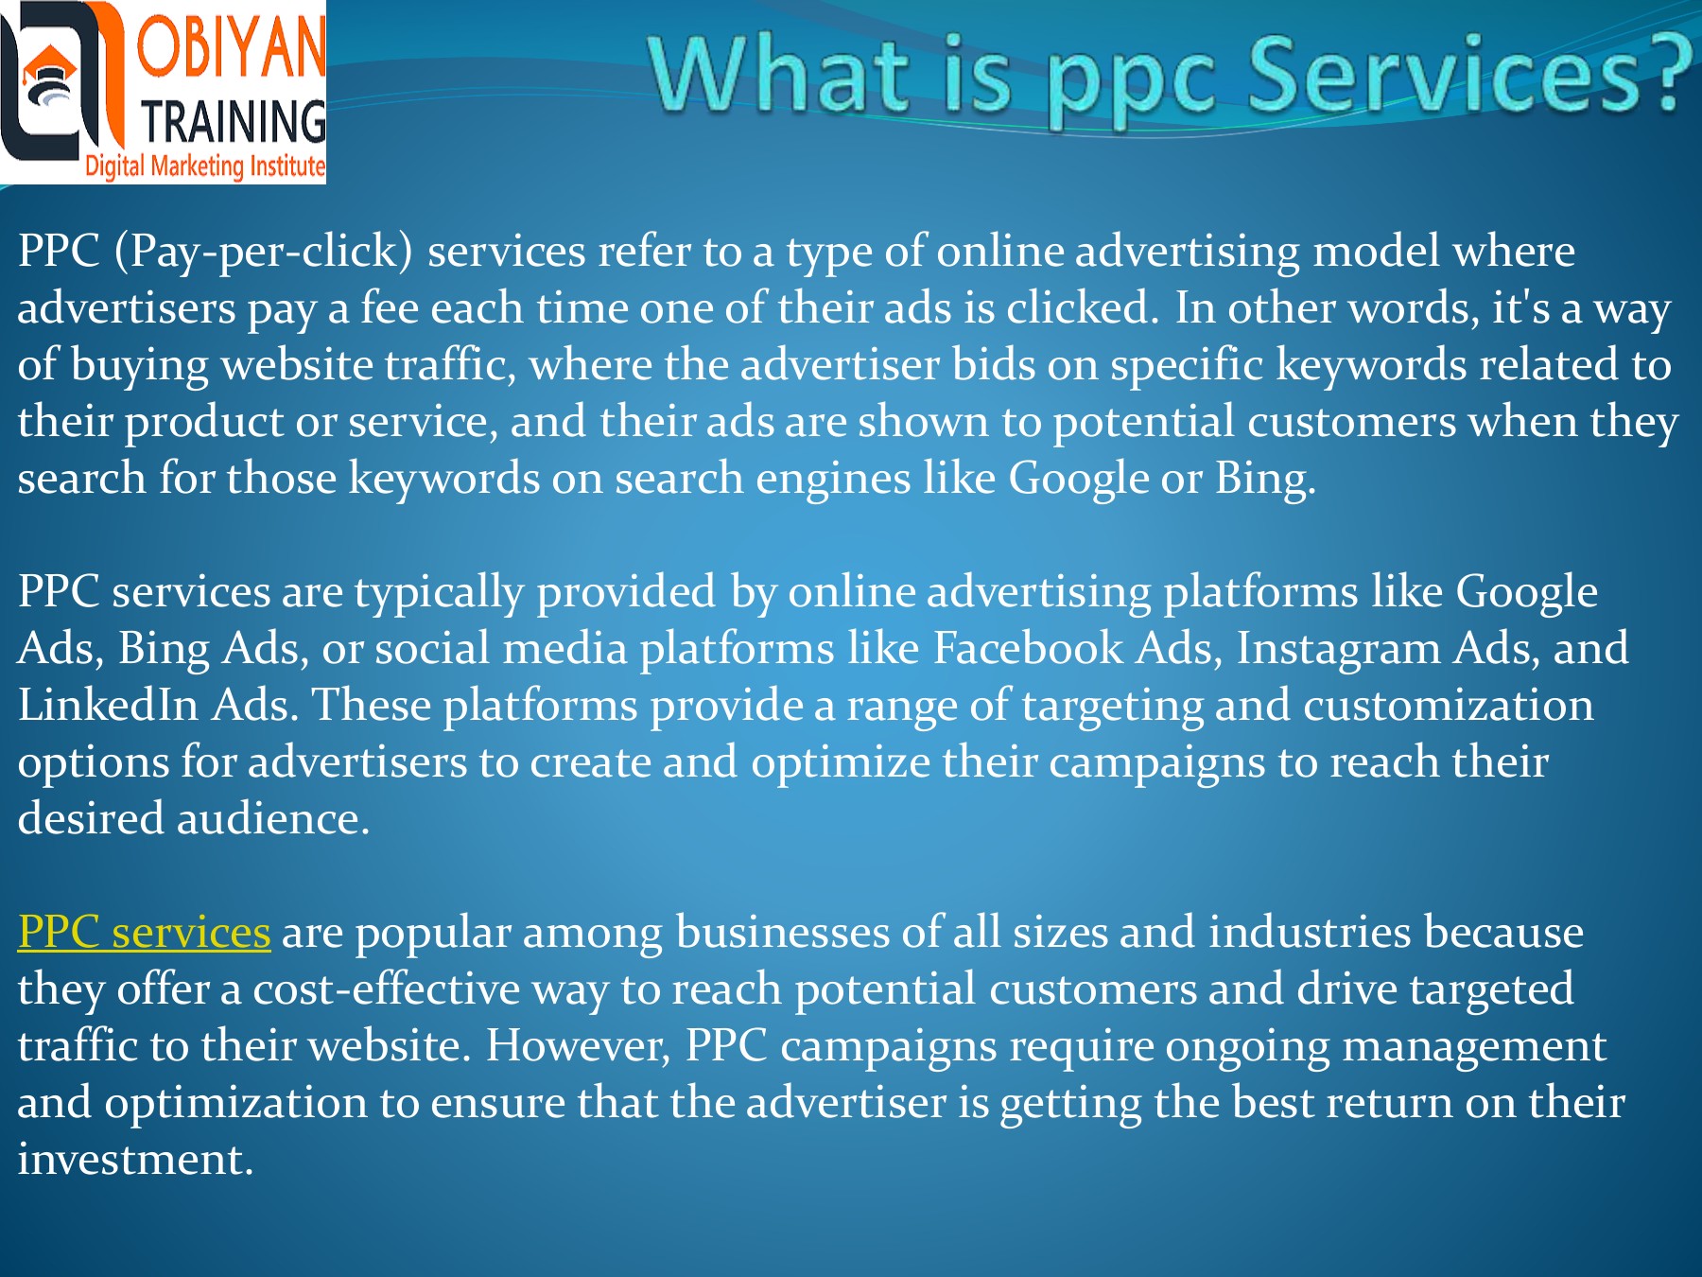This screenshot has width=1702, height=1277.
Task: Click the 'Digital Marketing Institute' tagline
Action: [x=204, y=166]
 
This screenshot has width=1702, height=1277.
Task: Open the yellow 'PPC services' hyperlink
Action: [x=144, y=933]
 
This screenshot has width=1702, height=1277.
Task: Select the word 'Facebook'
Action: [x=1028, y=649]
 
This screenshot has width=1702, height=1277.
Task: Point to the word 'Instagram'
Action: [x=1338, y=650]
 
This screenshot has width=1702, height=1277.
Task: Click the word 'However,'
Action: [x=578, y=1046]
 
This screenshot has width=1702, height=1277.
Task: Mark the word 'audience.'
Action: [x=272, y=819]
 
